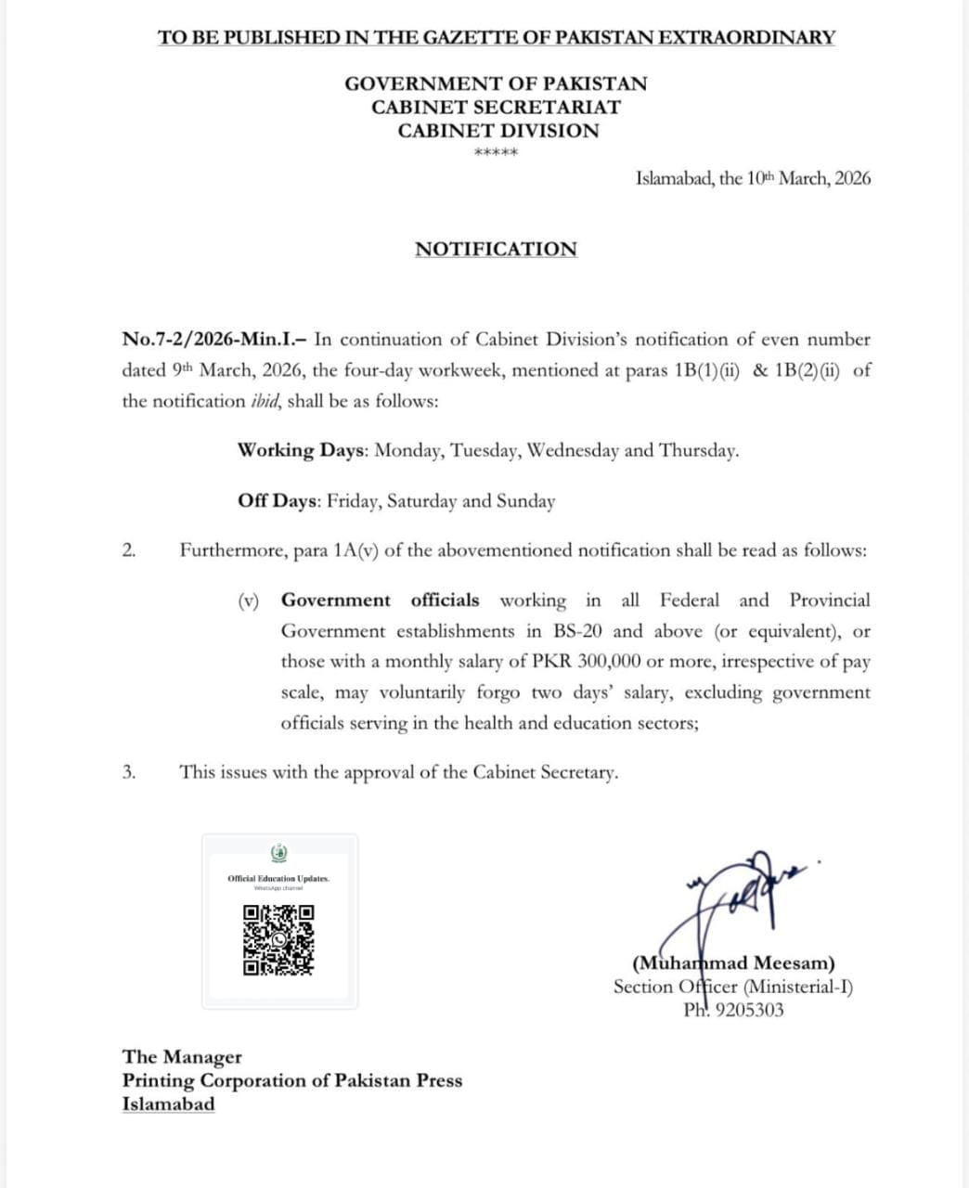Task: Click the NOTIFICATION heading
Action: click(496, 249)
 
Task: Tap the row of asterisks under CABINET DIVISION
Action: click(496, 153)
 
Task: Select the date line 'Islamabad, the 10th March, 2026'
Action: click(753, 178)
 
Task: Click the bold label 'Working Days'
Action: click(303, 450)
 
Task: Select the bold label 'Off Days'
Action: click(278, 500)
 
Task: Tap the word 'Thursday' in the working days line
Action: click(697, 450)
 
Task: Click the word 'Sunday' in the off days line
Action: click(525, 501)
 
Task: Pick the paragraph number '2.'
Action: click(129, 550)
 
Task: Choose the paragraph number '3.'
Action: click(129, 772)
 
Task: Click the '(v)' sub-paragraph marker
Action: click(248, 600)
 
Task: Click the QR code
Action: click(278, 939)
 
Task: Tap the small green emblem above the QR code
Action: click(278, 853)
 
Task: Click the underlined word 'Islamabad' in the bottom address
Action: click(168, 1104)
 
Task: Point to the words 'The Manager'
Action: click(182, 1056)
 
